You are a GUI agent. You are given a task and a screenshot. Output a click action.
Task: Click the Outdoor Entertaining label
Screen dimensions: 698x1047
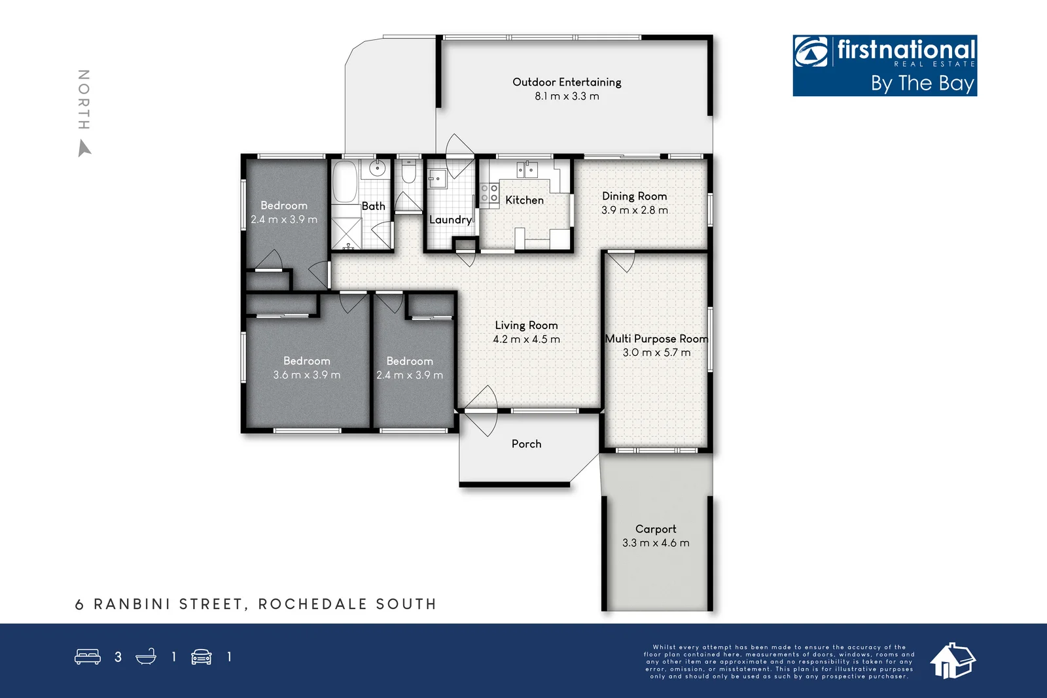[x=567, y=82]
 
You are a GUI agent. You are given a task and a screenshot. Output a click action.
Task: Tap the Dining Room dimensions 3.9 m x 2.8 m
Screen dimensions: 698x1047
[x=635, y=210]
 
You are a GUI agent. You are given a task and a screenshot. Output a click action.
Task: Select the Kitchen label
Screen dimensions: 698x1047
[x=524, y=200]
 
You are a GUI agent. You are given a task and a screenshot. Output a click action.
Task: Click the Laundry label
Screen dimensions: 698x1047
[x=450, y=220]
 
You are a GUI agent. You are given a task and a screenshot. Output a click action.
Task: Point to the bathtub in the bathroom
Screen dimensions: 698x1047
[x=344, y=181]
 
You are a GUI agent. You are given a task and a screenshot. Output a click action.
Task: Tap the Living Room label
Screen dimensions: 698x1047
[x=526, y=325]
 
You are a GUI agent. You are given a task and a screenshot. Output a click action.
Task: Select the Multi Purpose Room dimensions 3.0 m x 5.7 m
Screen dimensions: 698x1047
[x=656, y=353]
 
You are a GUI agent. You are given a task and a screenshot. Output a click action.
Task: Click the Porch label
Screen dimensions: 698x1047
[x=526, y=444]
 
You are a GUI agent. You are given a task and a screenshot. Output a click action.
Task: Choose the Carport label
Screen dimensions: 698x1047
[x=656, y=529]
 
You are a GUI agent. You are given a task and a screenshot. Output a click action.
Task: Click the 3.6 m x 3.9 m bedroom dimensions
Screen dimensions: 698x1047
[x=307, y=375]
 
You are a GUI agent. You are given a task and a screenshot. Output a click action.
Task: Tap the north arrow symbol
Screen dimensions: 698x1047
[x=84, y=149]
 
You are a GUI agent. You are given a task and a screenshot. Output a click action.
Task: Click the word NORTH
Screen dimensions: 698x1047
[x=84, y=99]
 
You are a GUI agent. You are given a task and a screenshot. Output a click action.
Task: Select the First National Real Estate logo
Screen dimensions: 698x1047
[x=885, y=65]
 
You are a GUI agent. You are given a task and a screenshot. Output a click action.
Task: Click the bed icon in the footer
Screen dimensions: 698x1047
[x=88, y=657]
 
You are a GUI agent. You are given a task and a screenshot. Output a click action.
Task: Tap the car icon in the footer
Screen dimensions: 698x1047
[x=201, y=657]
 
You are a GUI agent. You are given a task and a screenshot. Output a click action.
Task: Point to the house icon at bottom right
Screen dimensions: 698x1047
[x=952, y=660]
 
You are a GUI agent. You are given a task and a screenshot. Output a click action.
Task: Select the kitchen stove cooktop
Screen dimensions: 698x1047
[x=489, y=193]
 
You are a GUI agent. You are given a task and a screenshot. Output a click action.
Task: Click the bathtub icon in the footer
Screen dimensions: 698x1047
[x=146, y=657]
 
